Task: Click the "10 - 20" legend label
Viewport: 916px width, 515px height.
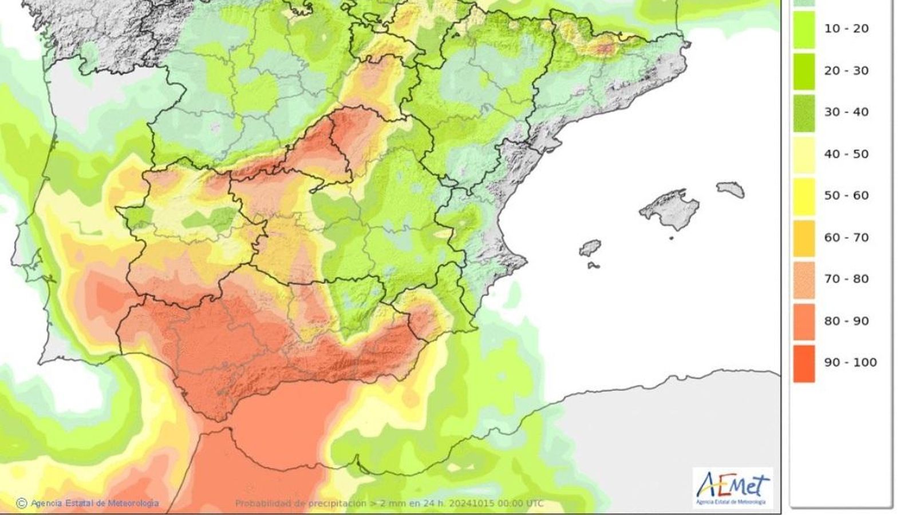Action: click(x=846, y=29)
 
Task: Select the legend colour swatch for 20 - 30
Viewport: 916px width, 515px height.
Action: click(x=804, y=71)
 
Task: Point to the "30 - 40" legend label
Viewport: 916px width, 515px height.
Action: click(x=846, y=112)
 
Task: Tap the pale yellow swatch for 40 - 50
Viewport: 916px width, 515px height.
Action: click(x=804, y=154)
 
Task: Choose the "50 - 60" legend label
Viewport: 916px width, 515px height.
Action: click(x=846, y=196)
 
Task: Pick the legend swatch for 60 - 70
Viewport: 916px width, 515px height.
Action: click(x=804, y=238)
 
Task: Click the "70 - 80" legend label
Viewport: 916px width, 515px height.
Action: click(x=846, y=279)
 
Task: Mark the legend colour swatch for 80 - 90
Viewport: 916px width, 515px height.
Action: click(x=804, y=322)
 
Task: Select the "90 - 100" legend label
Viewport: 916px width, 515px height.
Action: click(x=850, y=362)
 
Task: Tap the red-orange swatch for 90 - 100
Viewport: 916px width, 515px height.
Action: click(x=804, y=363)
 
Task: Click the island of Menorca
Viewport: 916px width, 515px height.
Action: click(x=731, y=189)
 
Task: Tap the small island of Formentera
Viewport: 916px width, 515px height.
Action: click(x=593, y=266)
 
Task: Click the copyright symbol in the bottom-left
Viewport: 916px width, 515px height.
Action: click(x=22, y=504)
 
